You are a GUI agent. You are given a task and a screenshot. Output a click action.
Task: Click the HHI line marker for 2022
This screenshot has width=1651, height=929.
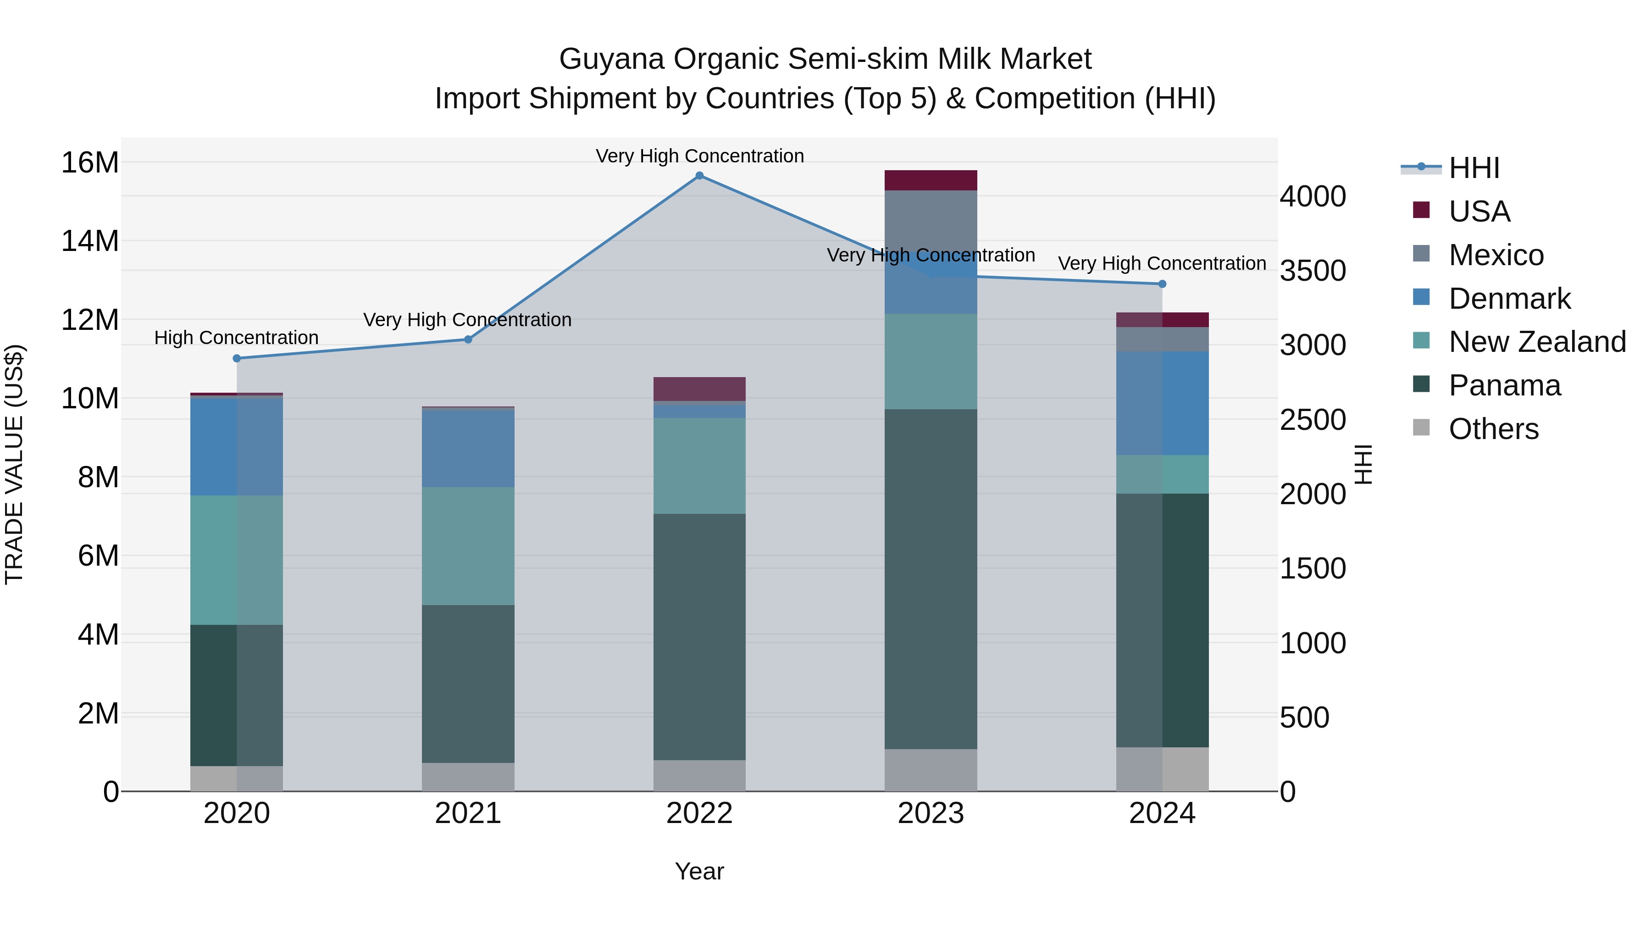pyautogui.click(x=699, y=176)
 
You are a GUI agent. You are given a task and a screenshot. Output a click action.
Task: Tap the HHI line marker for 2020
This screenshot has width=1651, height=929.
pyautogui.click(x=237, y=358)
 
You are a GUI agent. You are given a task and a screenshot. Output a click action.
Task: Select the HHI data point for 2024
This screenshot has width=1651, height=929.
pyautogui.click(x=1162, y=284)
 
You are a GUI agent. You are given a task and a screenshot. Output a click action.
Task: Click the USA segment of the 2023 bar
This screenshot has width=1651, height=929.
pyautogui.click(x=931, y=180)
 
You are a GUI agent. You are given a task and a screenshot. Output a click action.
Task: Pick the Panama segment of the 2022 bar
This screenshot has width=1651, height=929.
pyautogui.click(x=699, y=637)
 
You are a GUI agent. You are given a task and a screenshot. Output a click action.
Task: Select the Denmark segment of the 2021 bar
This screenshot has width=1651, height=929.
pyautogui.click(x=468, y=448)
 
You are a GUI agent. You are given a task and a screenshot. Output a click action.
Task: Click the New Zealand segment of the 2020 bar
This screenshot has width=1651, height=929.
pyautogui.click(x=237, y=560)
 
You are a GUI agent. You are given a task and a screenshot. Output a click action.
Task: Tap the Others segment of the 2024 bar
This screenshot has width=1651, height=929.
pyautogui.click(x=1162, y=769)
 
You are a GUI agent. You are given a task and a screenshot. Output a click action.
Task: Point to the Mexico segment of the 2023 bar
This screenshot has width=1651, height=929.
pyautogui.click(x=931, y=221)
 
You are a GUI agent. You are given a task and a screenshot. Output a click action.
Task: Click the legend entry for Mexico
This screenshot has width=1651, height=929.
pyautogui.click(x=1496, y=255)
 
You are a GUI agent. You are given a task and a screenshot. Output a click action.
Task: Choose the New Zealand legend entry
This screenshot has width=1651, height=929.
pyautogui.click(x=1537, y=342)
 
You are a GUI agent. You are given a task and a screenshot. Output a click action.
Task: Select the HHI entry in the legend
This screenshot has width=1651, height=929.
pyautogui.click(x=1474, y=168)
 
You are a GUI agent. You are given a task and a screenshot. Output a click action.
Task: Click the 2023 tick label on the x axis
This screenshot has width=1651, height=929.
pyautogui.click(x=931, y=813)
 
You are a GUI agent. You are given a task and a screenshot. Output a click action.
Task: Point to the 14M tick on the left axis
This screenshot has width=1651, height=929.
pyautogui.click(x=90, y=242)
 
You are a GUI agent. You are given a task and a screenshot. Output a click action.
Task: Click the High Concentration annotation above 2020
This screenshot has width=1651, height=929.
pyautogui.click(x=237, y=338)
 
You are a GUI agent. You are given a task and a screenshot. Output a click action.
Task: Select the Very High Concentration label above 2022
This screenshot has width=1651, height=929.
pyautogui.click(x=699, y=156)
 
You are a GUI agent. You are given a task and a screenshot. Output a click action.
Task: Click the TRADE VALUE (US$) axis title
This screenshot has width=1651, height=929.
pyautogui.click(x=14, y=464)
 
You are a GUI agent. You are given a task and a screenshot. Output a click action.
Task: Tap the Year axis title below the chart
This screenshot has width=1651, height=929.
pyautogui.click(x=699, y=871)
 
